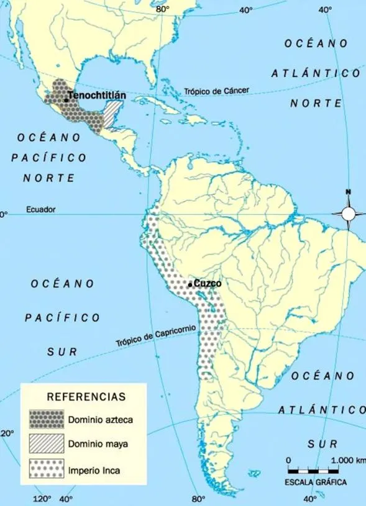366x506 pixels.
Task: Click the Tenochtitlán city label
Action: (97, 96)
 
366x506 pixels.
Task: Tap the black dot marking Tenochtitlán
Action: (65, 100)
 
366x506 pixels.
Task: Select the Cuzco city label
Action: (208, 283)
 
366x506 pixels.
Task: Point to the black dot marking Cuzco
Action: (190, 285)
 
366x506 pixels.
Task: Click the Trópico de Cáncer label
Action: (216, 91)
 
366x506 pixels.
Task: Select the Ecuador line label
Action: (40, 210)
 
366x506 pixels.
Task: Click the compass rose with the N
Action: (348, 213)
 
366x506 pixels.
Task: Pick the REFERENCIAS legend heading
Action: (86, 396)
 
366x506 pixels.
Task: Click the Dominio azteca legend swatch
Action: (47, 419)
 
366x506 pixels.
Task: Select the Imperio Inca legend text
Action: (94, 470)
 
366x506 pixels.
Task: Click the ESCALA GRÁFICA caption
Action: (316, 482)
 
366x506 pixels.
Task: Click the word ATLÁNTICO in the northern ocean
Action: (315, 73)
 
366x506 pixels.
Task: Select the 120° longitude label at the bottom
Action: (42, 498)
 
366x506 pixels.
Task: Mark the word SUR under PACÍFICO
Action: (62, 351)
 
